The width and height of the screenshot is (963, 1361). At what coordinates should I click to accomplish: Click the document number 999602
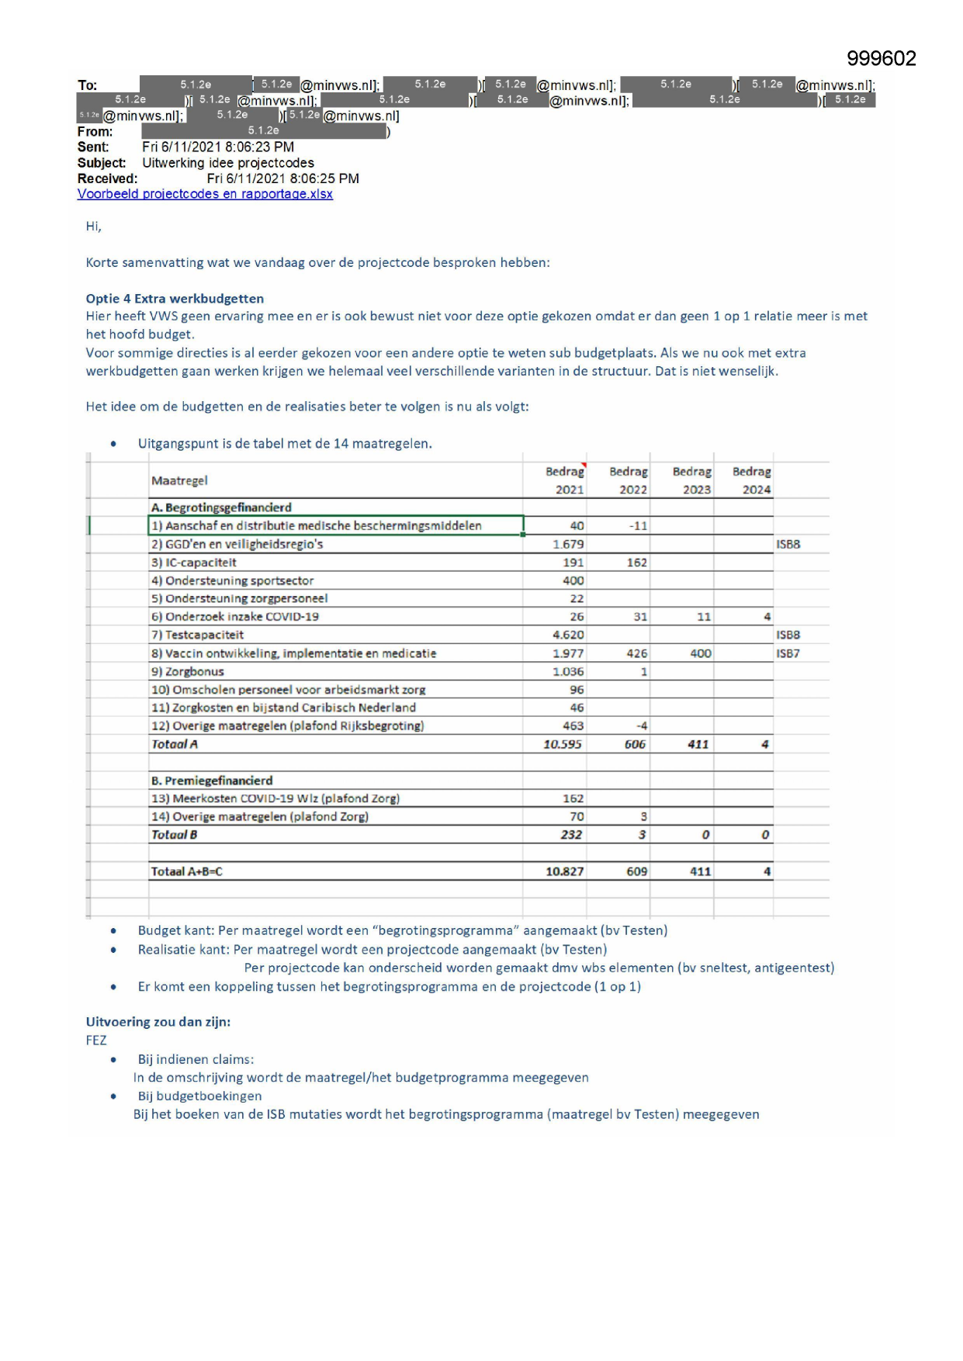point(881,59)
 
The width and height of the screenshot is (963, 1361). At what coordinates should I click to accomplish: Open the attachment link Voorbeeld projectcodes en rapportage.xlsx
point(205,194)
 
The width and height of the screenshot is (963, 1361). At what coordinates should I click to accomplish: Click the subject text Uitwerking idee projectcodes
point(228,163)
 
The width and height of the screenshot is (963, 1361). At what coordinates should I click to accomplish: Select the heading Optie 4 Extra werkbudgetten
point(175,299)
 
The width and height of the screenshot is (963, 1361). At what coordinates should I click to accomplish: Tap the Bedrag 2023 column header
point(691,480)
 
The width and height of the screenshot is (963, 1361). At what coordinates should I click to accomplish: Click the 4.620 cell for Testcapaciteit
point(568,635)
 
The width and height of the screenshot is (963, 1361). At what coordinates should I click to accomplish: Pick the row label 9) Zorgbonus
point(187,671)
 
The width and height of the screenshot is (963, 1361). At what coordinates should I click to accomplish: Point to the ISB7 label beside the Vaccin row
point(788,653)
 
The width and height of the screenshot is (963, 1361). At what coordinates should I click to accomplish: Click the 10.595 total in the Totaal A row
point(563,744)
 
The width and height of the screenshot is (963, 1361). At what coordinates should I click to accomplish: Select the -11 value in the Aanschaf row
point(638,526)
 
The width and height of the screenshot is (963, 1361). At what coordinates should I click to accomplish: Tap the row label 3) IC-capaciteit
point(193,563)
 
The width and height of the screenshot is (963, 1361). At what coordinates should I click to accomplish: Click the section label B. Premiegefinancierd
point(212,781)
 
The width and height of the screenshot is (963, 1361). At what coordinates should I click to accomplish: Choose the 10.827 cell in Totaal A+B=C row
point(564,871)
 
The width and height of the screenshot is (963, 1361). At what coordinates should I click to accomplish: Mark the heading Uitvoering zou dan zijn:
point(158,1022)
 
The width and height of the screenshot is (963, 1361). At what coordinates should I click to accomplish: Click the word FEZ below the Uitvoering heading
point(96,1041)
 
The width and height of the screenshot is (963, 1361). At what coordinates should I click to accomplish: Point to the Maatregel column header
point(179,480)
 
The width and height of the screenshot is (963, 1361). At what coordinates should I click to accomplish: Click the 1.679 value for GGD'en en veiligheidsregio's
point(568,544)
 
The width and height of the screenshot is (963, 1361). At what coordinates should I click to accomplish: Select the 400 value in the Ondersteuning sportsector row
point(573,580)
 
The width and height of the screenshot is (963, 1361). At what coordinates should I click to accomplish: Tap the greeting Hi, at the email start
point(93,227)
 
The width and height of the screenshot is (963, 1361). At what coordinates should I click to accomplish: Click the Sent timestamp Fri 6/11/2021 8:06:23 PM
point(218,147)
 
